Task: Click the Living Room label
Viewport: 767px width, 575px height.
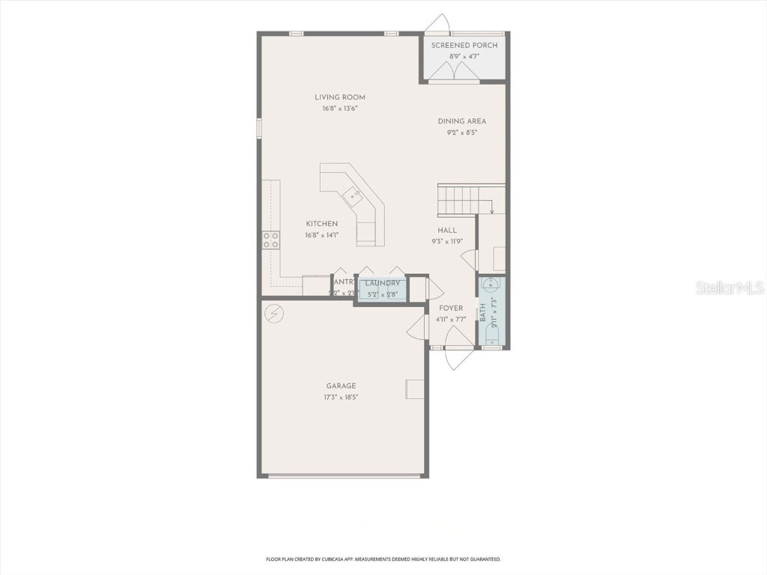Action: [340, 97]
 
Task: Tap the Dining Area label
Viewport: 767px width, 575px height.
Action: [462, 121]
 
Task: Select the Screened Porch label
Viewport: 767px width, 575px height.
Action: [464, 46]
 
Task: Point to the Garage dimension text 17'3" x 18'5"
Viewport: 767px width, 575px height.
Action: [341, 398]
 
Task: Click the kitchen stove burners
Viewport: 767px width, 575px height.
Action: [271, 240]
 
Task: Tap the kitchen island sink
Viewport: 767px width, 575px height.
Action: [352, 197]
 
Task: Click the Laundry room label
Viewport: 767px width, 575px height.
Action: [383, 284]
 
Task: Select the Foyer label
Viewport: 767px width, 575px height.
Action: [451, 308]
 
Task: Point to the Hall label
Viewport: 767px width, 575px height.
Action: [447, 231]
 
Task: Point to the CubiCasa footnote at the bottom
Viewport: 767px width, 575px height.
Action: [383, 559]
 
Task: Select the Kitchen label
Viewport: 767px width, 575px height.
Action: [322, 224]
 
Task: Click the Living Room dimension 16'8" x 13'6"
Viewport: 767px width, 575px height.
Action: [341, 109]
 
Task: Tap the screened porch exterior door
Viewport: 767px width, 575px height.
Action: [437, 25]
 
